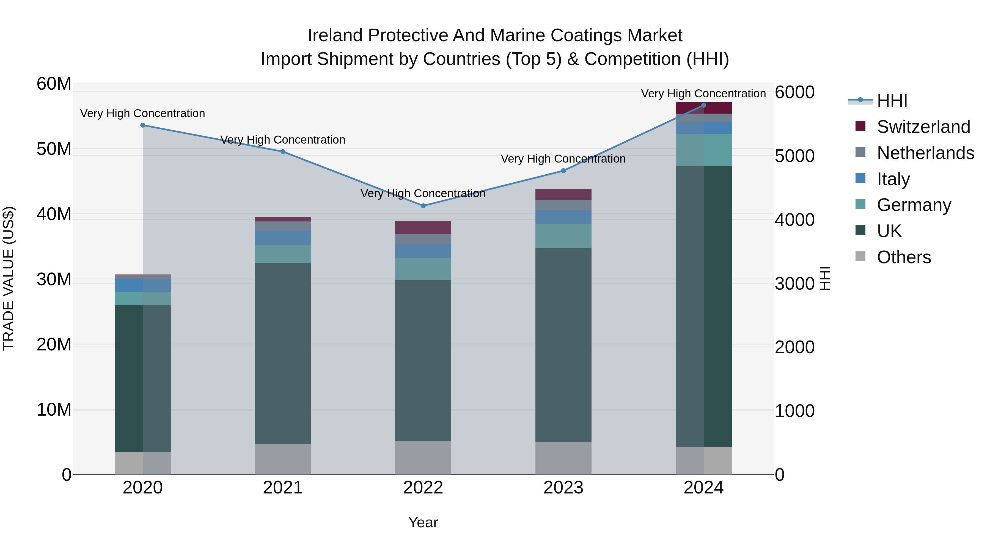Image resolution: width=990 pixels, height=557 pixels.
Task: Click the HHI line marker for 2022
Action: pyautogui.click(x=423, y=206)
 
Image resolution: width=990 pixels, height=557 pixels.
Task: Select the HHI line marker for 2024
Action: pyautogui.click(x=704, y=105)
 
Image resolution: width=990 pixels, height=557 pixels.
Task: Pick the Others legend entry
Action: pyautogui.click(x=903, y=257)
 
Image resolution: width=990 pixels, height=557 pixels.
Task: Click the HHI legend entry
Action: pyautogui.click(x=892, y=101)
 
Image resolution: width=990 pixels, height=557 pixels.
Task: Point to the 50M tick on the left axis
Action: pyautogui.click(x=54, y=149)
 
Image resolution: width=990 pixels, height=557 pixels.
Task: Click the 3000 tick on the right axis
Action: pyautogui.click(x=794, y=284)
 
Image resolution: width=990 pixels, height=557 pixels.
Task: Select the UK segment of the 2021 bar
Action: pyautogui.click(x=283, y=354)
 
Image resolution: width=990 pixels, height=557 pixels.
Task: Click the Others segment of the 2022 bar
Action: pyautogui.click(x=423, y=457)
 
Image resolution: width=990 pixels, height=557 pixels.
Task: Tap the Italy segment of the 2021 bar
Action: pyautogui.click(x=283, y=238)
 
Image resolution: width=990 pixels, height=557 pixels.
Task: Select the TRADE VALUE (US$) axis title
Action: pyautogui.click(x=9, y=278)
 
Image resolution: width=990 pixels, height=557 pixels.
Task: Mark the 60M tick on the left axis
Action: pyautogui.click(x=54, y=84)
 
